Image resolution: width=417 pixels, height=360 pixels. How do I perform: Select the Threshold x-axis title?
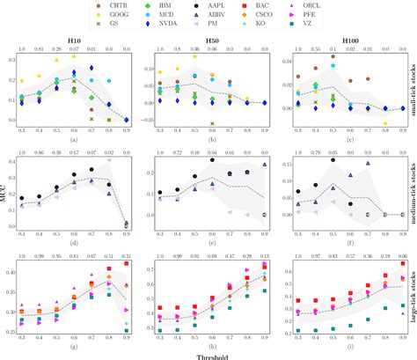(x=208, y=354)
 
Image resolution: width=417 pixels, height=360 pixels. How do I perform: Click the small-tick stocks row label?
(x=411, y=88)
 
